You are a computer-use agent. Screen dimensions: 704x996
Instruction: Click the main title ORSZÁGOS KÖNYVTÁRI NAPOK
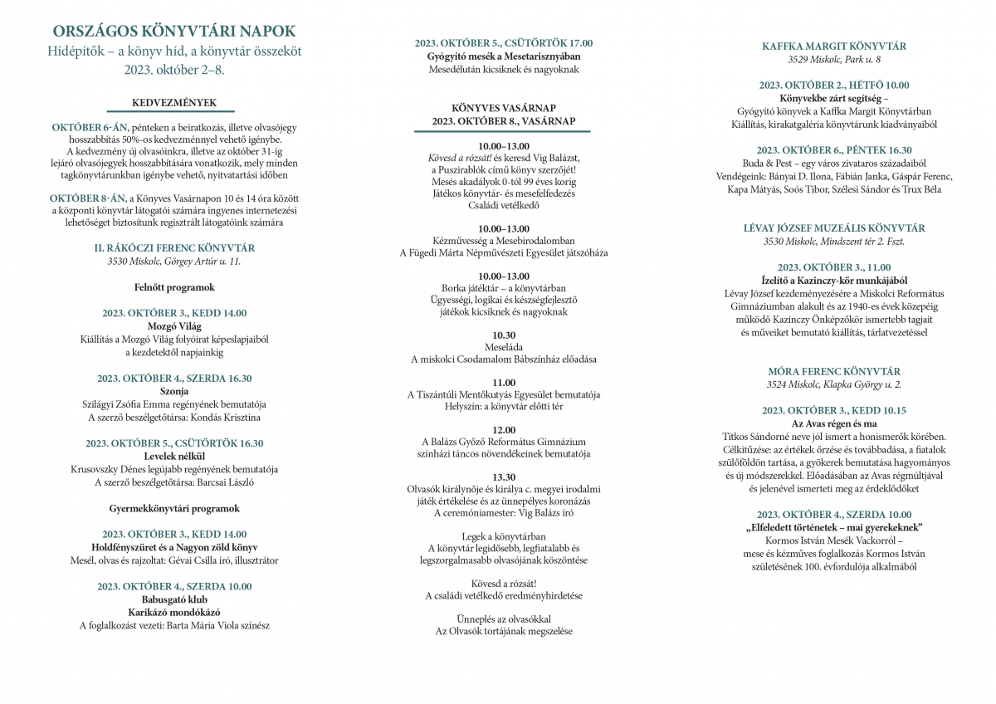(173, 32)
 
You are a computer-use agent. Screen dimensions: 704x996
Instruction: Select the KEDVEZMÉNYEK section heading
(173, 103)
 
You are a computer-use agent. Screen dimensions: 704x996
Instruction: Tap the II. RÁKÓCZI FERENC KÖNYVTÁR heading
(173, 247)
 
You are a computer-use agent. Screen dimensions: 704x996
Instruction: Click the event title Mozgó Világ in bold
(173, 326)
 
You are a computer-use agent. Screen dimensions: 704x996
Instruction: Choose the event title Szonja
(173, 391)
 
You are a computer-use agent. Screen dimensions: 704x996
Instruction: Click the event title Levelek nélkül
(173, 456)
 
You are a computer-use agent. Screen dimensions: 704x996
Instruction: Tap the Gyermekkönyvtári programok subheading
(173, 508)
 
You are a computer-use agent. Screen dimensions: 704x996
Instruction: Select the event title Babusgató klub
(173, 599)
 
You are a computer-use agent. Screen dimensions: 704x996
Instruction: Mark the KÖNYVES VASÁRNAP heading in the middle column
(504, 108)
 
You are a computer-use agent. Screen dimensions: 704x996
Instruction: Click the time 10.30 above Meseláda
(504, 334)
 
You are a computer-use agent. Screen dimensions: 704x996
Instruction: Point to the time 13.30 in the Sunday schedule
(504, 477)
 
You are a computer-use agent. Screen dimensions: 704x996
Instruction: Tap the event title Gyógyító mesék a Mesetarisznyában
(504, 56)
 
